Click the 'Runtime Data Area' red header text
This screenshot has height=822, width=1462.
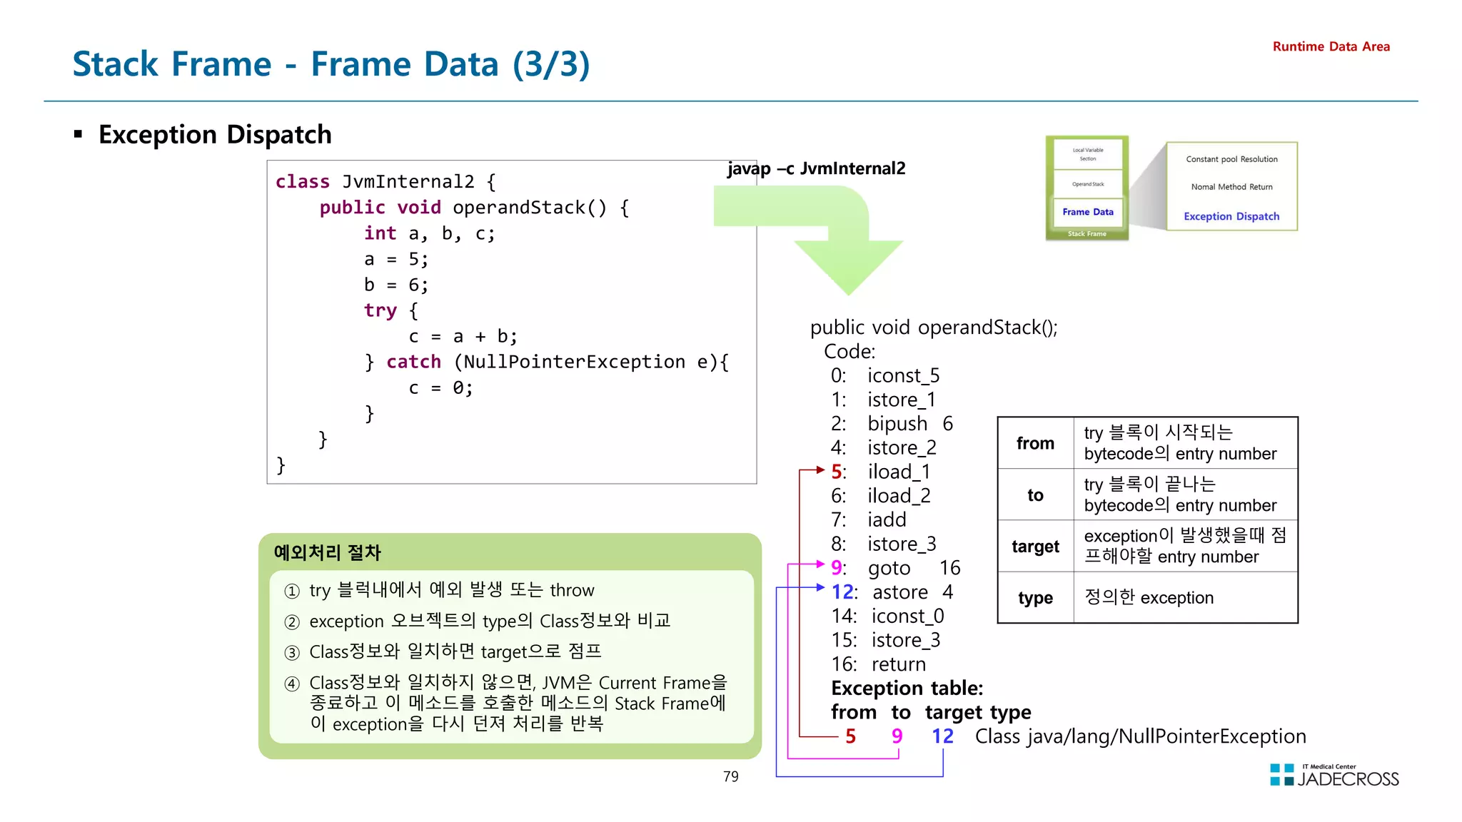pyautogui.click(x=1331, y=46)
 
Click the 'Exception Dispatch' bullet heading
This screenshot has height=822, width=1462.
pyautogui.click(x=214, y=134)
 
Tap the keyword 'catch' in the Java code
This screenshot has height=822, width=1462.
pyautogui.click(x=413, y=362)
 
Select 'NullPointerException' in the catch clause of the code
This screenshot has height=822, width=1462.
pyautogui.click(x=574, y=362)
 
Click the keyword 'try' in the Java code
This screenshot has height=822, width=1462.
pyautogui.click(x=380, y=310)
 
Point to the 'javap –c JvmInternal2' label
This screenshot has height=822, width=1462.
pyautogui.click(x=816, y=168)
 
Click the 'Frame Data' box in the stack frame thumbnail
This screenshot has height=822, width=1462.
pyautogui.click(x=1087, y=212)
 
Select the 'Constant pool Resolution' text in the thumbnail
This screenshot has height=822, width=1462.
pyautogui.click(x=1231, y=159)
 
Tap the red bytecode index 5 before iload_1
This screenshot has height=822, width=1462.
pyautogui.click(x=837, y=472)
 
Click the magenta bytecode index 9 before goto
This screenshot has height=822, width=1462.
pyautogui.click(x=837, y=568)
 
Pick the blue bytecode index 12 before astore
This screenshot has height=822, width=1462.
pyautogui.click(x=843, y=592)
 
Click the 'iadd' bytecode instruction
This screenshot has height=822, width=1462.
pyautogui.click(x=887, y=519)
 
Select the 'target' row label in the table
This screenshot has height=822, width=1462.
pyautogui.click(x=1035, y=547)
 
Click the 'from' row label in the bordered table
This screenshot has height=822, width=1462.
pyautogui.click(x=1035, y=443)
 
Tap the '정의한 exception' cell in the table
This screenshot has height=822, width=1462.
pyautogui.click(x=1149, y=598)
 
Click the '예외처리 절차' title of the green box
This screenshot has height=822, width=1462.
pyautogui.click(x=327, y=552)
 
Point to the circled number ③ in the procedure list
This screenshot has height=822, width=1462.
pyautogui.click(x=292, y=653)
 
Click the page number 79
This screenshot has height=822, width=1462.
pyautogui.click(x=730, y=776)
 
